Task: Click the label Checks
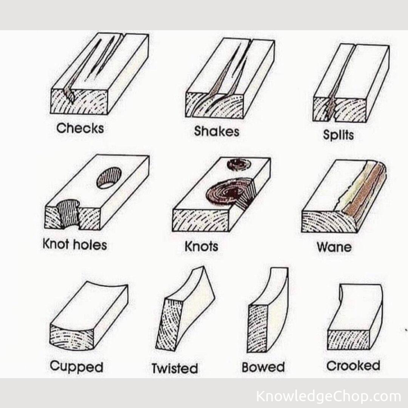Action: point(80,128)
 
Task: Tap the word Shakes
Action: point(216,131)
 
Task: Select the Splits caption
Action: point(338,135)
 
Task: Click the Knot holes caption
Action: point(75,245)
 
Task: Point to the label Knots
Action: point(201,246)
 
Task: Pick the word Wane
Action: point(334,247)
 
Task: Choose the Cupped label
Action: point(76,366)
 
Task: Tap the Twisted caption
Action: point(175,368)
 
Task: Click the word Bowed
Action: point(263,367)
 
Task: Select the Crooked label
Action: point(353,366)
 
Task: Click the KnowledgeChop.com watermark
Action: point(328,396)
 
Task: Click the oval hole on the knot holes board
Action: point(109,178)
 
